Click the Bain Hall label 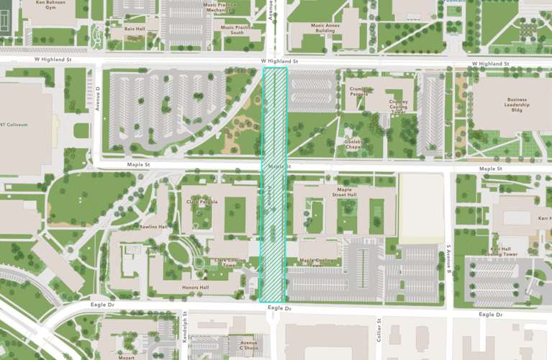135,30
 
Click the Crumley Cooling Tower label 398,107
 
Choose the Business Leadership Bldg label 516,106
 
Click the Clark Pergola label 202,202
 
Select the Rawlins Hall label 153,227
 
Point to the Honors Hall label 195,287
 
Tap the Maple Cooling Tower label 317,263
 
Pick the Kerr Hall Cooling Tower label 501,251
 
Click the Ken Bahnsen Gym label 50,5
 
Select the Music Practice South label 237,30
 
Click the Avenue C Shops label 248,345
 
